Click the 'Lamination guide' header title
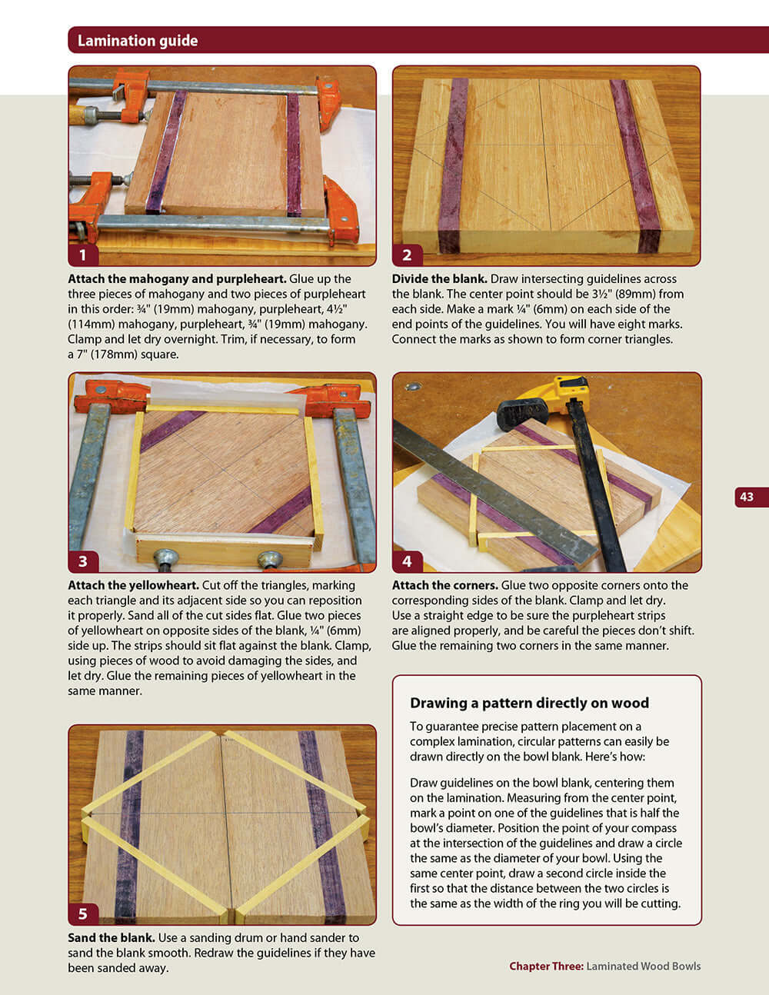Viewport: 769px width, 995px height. coord(138,41)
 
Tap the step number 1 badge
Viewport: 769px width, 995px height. coord(83,255)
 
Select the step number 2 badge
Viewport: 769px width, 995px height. coord(407,255)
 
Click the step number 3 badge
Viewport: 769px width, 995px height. coord(83,561)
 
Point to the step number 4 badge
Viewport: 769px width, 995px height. coord(407,561)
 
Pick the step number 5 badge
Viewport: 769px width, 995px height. coord(83,913)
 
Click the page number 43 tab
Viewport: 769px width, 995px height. coord(747,497)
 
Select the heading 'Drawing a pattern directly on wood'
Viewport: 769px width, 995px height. coord(529,703)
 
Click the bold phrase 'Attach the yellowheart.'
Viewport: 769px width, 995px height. coord(133,585)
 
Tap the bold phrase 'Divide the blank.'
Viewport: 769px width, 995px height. coord(439,279)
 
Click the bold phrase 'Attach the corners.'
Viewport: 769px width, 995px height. coord(444,585)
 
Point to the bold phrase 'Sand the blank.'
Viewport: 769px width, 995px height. coord(112,937)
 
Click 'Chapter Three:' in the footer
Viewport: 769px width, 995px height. coord(546,966)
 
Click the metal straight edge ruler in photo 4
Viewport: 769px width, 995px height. coord(492,492)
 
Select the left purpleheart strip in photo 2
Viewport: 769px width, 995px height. coord(452,165)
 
